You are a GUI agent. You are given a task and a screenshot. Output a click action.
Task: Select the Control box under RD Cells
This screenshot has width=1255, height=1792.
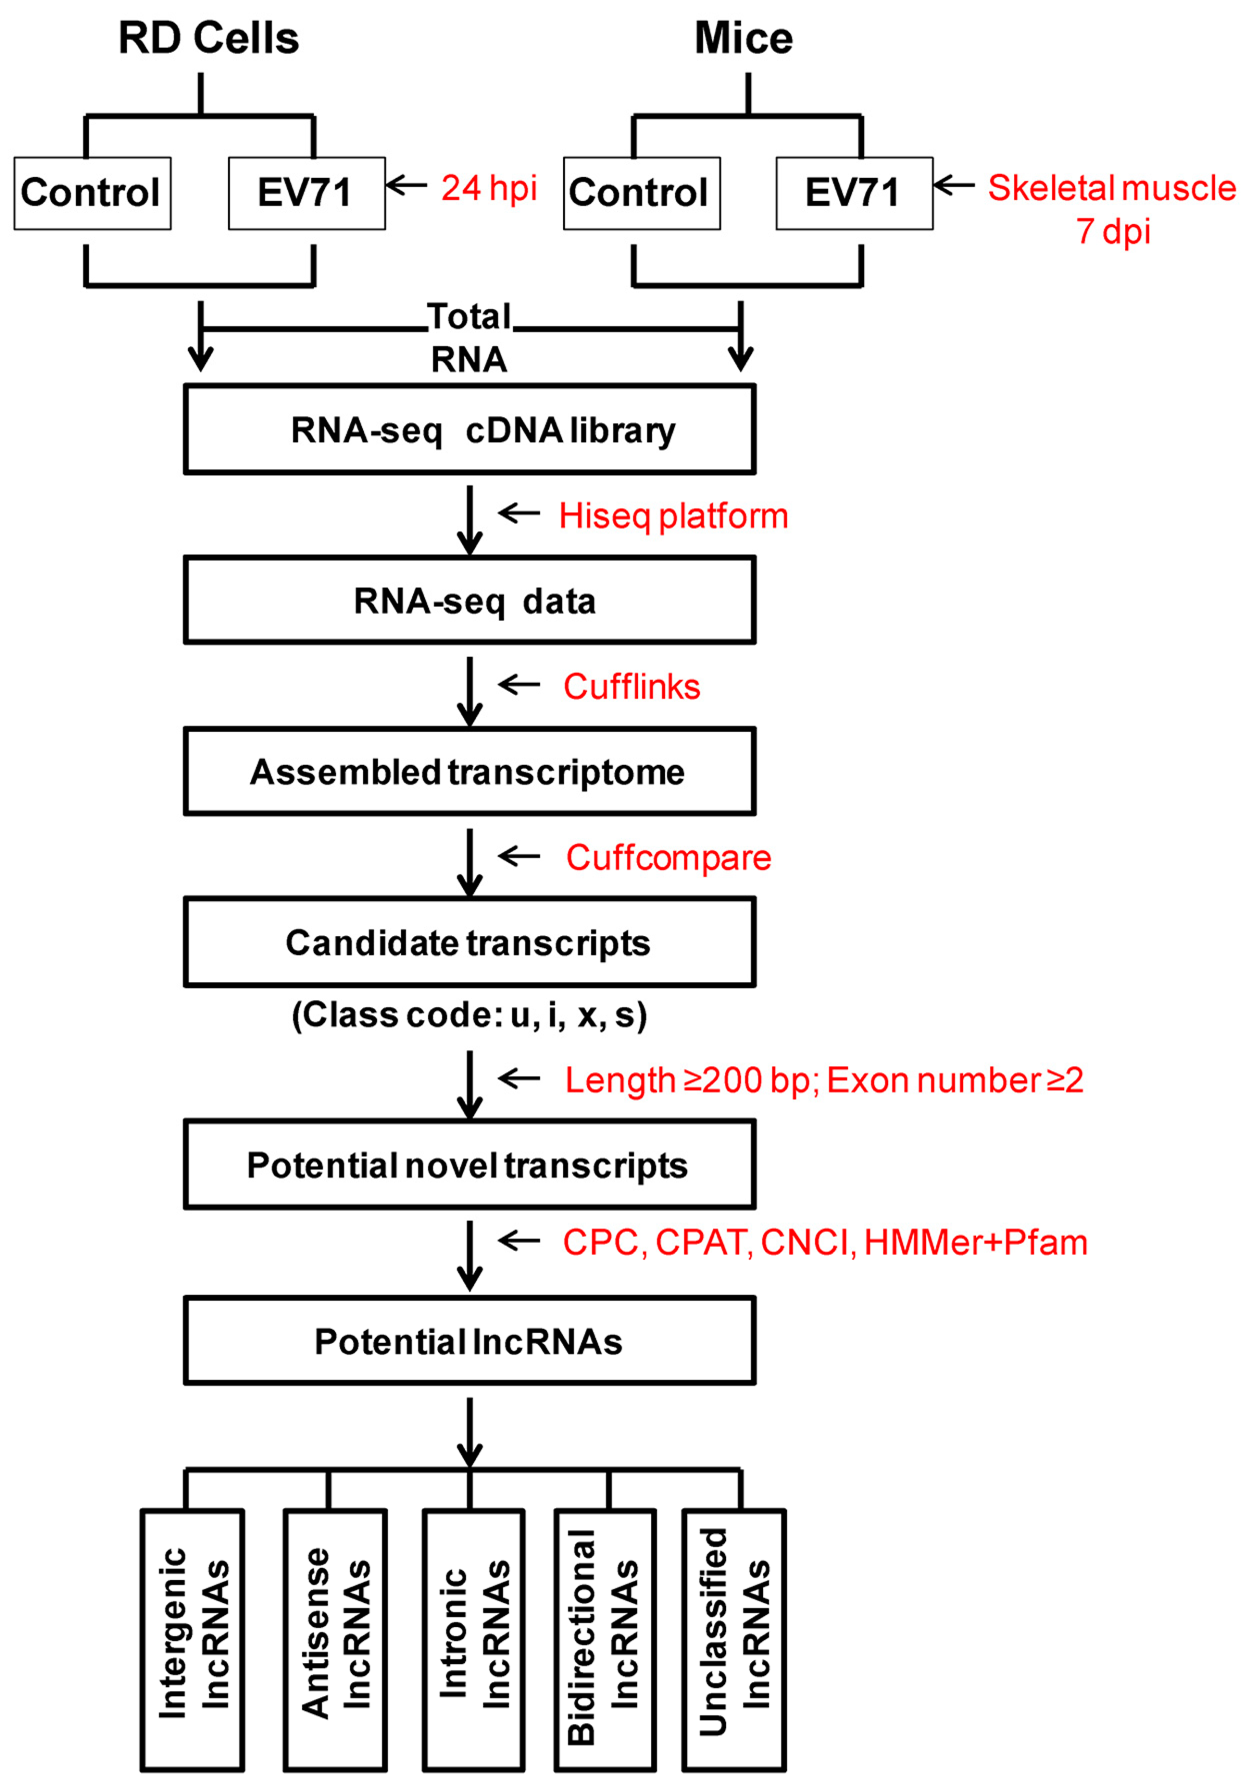pos(92,193)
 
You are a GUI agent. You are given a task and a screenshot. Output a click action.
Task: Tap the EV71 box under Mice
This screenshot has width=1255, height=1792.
pos(854,193)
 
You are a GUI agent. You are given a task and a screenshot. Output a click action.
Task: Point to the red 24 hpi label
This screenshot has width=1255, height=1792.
pos(489,188)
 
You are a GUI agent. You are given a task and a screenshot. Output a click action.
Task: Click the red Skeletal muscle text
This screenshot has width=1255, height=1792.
pos(1111,188)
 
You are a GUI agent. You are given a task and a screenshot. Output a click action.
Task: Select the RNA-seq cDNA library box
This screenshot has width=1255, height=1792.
pos(469,429)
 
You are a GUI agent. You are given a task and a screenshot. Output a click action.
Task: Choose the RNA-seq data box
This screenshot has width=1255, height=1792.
pos(469,600)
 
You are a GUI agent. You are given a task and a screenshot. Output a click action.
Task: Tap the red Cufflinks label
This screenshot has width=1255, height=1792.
pos(631,687)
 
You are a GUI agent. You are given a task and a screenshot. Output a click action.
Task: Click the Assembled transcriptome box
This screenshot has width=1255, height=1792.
pos(469,771)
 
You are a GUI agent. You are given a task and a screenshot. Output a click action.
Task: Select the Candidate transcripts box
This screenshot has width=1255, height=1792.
pos(469,942)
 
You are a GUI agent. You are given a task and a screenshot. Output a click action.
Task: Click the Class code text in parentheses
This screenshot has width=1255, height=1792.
pos(469,1015)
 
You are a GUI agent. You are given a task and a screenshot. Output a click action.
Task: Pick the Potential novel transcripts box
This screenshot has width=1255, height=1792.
pos(469,1165)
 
